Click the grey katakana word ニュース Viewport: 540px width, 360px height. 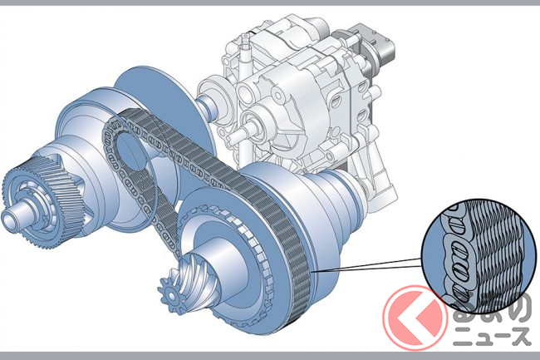pos(491,335)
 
